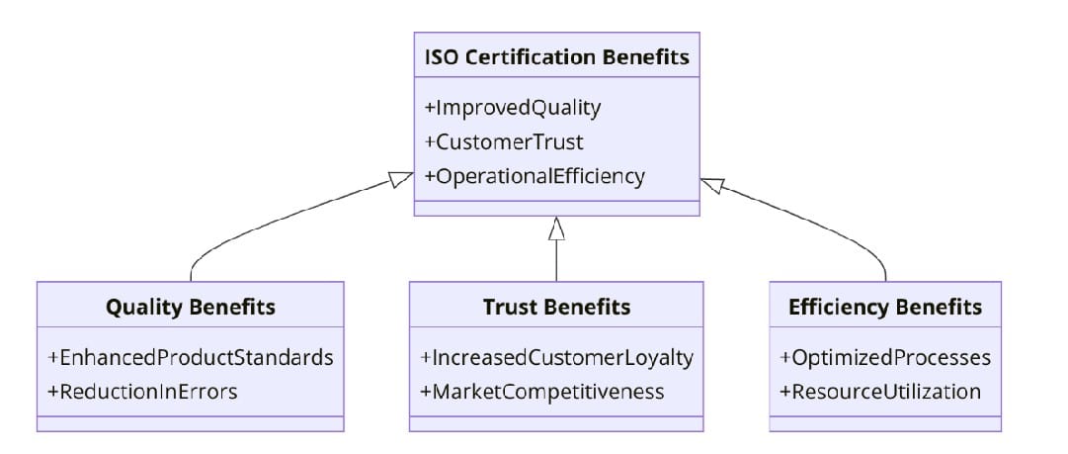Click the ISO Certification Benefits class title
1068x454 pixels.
pos(556,56)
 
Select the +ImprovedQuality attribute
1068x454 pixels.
pos(512,107)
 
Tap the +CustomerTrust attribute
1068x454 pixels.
pos(503,141)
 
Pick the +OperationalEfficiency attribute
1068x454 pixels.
pos(534,176)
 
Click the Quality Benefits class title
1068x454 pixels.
pos(190,307)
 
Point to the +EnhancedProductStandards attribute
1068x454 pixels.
pos(190,356)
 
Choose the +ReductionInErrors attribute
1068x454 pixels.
pos(142,391)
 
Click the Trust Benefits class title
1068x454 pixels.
pos(556,307)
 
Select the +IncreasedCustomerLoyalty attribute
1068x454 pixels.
pos(556,356)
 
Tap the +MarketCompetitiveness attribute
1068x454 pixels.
pos(542,391)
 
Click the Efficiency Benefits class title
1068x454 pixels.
pos(885,307)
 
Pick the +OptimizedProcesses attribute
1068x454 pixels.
pos(885,356)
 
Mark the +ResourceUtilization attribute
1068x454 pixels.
pos(880,391)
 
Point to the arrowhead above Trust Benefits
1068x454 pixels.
pos(556,228)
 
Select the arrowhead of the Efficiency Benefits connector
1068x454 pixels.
pos(712,184)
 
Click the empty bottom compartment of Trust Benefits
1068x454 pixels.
pos(556,423)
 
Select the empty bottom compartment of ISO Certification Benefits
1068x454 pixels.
pos(556,208)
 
